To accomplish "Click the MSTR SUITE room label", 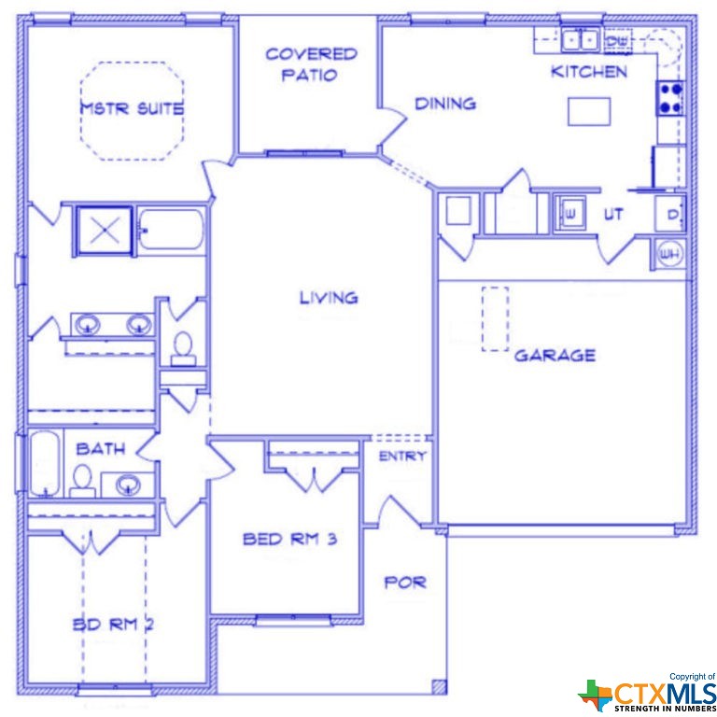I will [x=131, y=108].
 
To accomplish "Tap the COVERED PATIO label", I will [x=311, y=64].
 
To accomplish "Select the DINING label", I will [x=445, y=104].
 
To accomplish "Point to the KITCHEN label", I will [x=588, y=72].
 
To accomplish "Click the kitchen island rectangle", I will [x=589, y=111].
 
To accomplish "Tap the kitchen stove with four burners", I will [x=670, y=97].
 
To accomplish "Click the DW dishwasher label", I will [x=615, y=41].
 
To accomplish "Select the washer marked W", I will [x=569, y=213].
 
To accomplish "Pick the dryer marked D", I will [x=671, y=215].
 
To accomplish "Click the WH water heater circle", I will [x=669, y=252].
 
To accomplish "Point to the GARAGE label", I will [x=555, y=356].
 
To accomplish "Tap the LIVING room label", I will [x=329, y=298].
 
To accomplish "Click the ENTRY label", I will [x=402, y=457].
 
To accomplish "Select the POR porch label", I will [x=405, y=582].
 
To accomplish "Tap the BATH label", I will [x=101, y=449].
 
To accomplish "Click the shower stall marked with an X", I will [x=105, y=230].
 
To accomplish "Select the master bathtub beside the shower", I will [x=172, y=230].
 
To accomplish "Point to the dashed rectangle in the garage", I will [x=495, y=318].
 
